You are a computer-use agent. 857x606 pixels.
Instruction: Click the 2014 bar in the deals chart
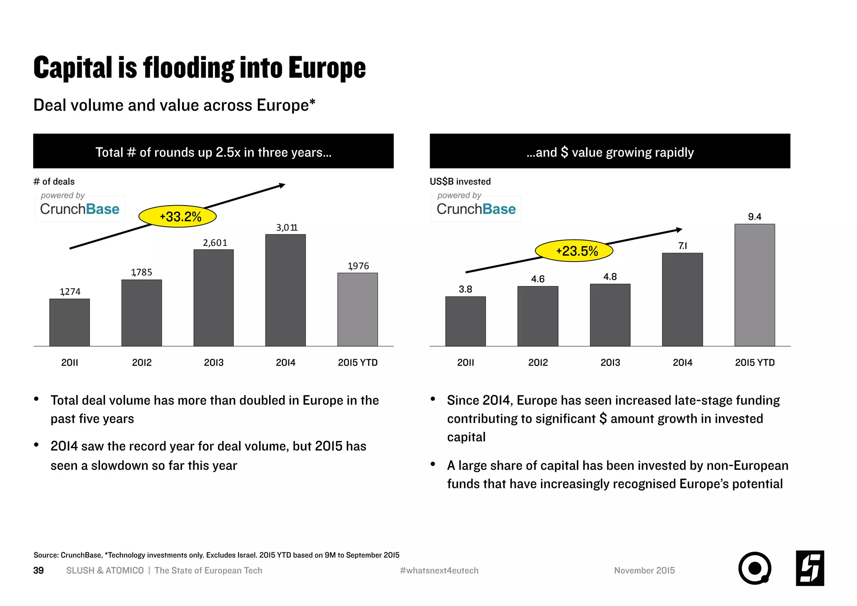(285, 290)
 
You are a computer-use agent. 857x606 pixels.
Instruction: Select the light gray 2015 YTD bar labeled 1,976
(357, 309)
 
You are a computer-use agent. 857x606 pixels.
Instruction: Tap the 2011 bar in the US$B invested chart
(465, 321)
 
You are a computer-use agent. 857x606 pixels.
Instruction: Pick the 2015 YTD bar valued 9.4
(754, 285)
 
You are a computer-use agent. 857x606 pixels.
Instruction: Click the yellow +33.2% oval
(177, 217)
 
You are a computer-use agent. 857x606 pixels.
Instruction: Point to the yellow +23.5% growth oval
(574, 251)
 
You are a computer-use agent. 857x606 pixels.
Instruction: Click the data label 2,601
(215, 243)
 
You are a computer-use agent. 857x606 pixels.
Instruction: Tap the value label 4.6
(538, 279)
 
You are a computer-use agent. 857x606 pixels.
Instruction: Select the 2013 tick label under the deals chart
(213, 363)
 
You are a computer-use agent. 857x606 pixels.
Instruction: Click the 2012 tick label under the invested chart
(538, 363)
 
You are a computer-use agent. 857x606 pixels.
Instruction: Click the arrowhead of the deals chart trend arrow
(282, 185)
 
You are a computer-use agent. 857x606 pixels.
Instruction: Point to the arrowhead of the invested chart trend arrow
(679, 230)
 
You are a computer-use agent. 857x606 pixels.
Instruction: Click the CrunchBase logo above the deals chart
(80, 209)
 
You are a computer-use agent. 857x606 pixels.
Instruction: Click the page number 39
(38, 570)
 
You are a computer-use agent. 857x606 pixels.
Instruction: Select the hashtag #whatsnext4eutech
(439, 570)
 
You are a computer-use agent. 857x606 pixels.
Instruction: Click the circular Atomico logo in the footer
(754, 568)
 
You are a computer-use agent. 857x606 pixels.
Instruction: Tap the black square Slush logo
(810, 568)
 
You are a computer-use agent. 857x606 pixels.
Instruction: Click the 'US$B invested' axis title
(460, 181)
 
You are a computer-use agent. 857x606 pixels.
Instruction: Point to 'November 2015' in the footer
(644, 570)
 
